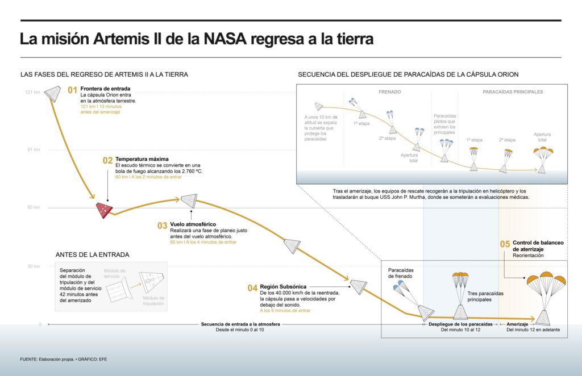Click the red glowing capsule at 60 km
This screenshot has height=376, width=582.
(x=103, y=210)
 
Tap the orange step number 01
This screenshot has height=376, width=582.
(x=72, y=90)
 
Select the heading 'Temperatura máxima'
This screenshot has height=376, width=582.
(x=142, y=158)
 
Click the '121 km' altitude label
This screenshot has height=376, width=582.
(x=33, y=92)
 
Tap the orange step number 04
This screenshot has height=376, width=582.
(x=252, y=288)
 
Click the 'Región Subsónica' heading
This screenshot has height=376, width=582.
(x=284, y=285)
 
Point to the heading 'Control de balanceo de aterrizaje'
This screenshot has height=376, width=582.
(x=537, y=246)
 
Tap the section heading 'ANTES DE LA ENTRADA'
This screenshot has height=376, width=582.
(x=92, y=254)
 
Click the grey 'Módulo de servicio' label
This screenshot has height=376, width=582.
(x=115, y=273)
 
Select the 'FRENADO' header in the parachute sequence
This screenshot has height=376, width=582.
(x=390, y=91)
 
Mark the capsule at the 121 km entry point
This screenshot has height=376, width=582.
(x=52, y=93)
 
